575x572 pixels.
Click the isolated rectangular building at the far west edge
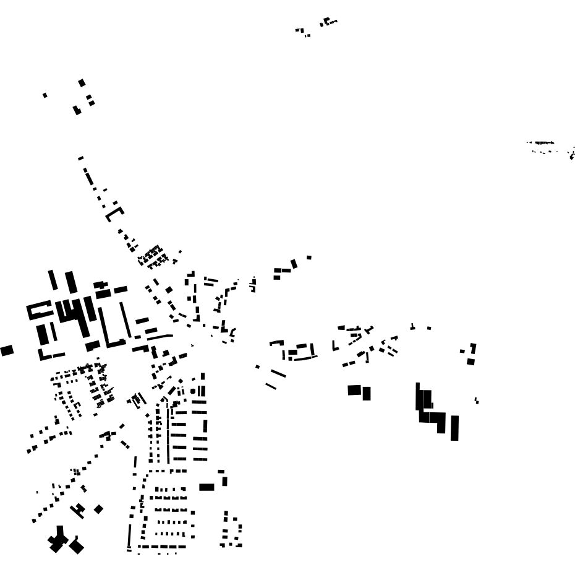7,350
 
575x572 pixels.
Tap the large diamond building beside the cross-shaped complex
77,546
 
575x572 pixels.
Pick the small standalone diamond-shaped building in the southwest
98,509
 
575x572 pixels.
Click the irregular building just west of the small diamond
78,510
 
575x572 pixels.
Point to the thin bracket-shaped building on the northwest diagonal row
114,214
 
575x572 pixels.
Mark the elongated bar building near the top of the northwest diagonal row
89,178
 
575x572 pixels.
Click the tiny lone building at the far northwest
45,95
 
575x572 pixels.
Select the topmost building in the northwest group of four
82,82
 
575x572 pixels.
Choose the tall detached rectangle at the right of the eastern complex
454,428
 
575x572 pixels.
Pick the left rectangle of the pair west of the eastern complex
354,390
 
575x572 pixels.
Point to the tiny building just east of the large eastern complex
476,401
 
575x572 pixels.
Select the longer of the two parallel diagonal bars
278,373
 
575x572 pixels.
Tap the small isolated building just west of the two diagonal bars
258,366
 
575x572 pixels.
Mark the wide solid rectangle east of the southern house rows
207,487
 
